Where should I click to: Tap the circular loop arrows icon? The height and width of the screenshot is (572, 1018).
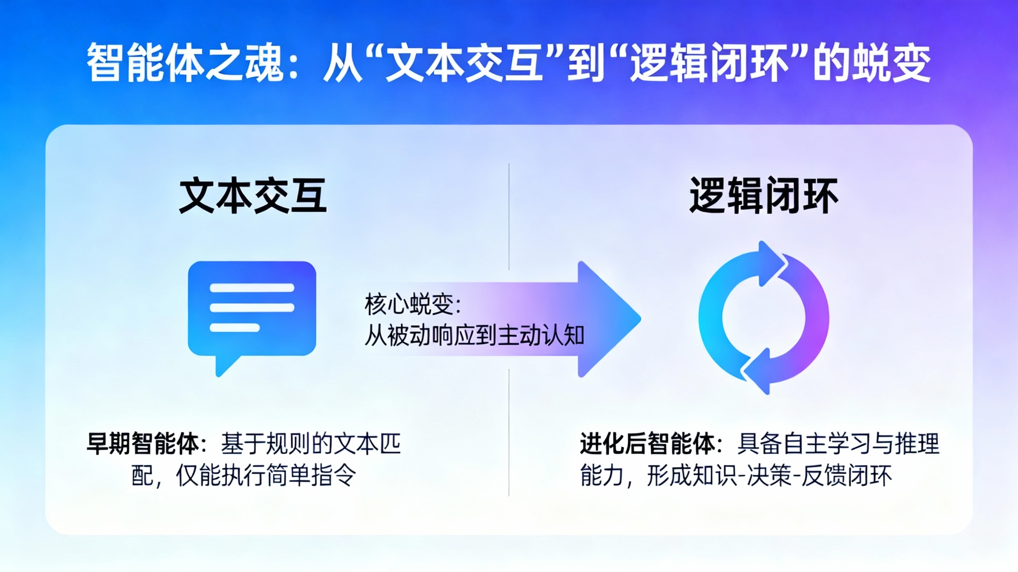[x=763, y=317]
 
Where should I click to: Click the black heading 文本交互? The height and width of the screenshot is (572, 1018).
[x=253, y=196]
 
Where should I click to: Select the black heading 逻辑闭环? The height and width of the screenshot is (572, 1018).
[x=763, y=196]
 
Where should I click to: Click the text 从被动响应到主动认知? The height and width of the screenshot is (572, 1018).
[x=474, y=336]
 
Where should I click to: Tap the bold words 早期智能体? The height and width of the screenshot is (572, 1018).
[x=143, y=444]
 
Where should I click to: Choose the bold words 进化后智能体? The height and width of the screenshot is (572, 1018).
[x=647, y=444]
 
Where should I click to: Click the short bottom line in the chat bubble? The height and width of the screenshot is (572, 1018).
[x=235, y=328]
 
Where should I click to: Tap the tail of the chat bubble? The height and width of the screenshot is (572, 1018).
[x=224, y=366]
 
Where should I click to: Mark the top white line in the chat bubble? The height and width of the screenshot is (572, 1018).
[x=252, y=287]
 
